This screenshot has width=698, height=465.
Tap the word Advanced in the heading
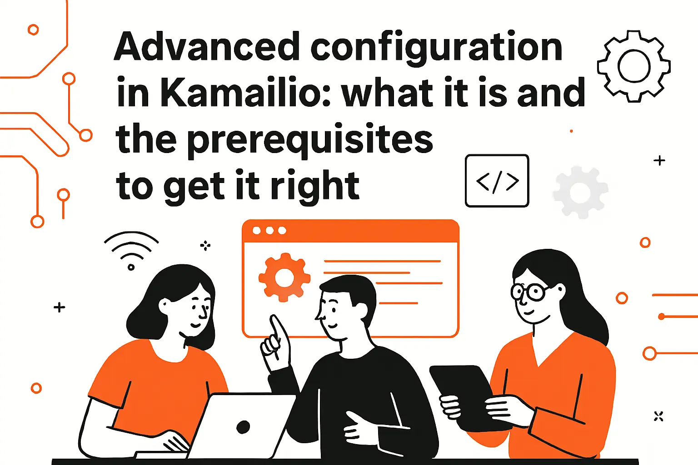[x=207, y=47]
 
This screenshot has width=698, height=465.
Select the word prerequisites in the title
[x=310, y=141]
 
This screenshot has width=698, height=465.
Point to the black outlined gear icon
[x=634, y=66]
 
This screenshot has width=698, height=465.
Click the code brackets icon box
[x=497, y=181]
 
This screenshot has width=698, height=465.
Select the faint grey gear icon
[x=580, y=192]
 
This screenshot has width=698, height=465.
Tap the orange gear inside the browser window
[x=284, y=277]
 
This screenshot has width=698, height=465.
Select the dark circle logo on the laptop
[x=243, y=427]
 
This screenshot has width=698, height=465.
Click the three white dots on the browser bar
[x=269, y=231]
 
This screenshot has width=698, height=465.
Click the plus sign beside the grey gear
[x=659, y=160]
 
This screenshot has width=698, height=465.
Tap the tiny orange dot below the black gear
[x=571, y=131]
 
